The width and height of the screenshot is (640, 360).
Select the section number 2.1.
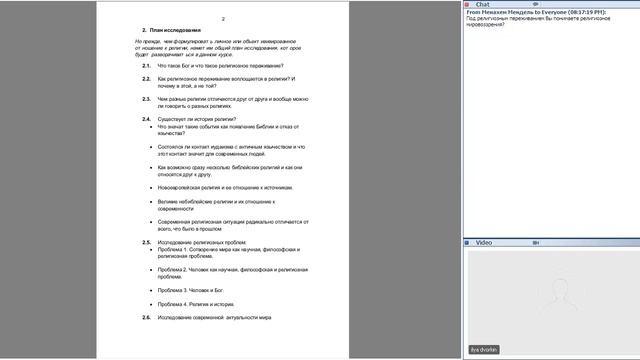coord(146,66)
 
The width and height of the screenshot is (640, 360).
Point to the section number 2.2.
coord(146,78)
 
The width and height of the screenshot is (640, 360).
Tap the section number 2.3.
coord(146,99)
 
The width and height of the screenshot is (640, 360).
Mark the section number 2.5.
coord(146,242)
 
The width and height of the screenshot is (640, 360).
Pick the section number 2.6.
coord(146,317)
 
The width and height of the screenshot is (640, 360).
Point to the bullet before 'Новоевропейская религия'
coord(150,187)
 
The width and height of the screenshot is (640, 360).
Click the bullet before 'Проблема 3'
coord(150,290)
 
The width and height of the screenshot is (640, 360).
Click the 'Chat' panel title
coord(482,4)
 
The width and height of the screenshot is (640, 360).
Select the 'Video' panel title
coord(484,242)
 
